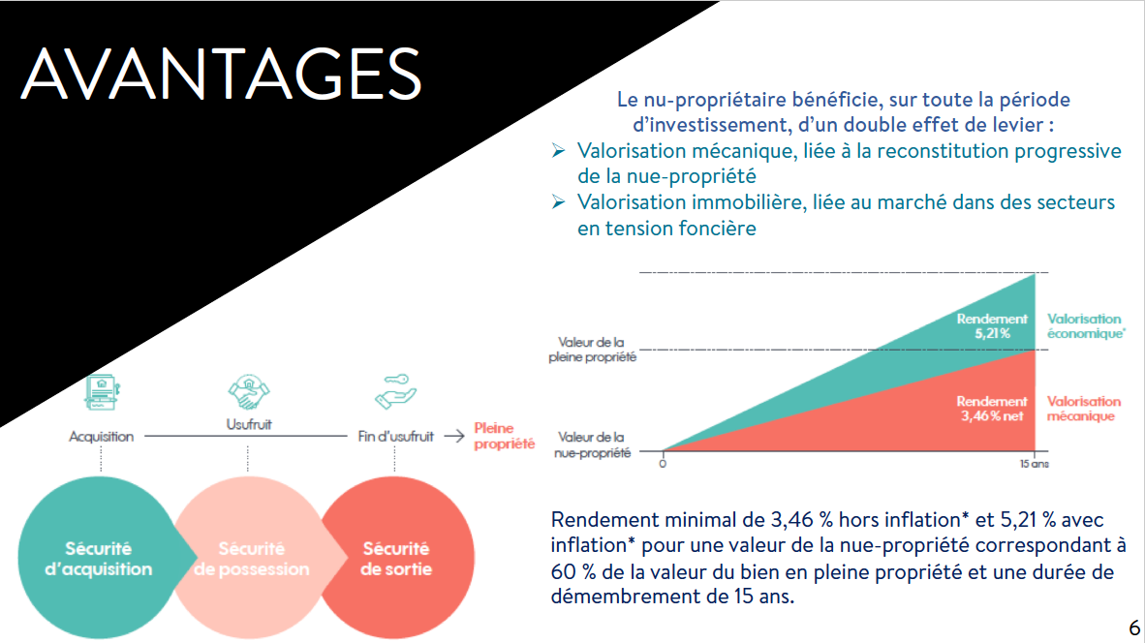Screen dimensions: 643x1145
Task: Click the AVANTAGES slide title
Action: click(222, 73)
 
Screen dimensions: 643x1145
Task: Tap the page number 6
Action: click(1133, 626)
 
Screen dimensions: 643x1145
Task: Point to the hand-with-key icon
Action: click(396, 391)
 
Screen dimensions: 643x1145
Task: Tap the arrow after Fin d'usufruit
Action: click(452, 437)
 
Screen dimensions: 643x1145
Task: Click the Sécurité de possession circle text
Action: click(251, 559)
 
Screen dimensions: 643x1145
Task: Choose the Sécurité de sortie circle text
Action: click(396, 559)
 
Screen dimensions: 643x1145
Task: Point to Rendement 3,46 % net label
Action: click(991, 409)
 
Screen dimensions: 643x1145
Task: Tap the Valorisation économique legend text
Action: click(1085, 325)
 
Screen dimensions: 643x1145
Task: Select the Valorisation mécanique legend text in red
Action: click(1083, 409)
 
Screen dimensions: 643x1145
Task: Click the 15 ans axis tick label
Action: click(1035, 465)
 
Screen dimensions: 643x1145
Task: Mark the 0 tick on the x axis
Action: click(664, 465)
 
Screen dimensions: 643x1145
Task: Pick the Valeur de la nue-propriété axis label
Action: click(592, 444)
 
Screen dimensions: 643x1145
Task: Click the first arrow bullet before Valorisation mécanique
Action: click(558, 152)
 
